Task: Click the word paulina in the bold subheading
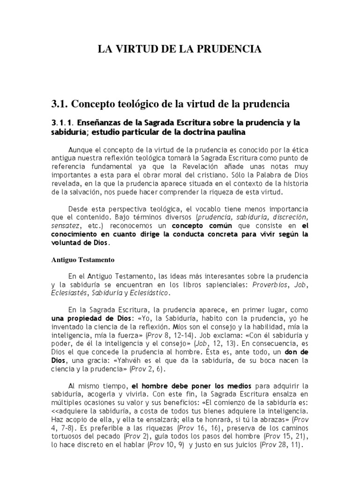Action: (230, 133)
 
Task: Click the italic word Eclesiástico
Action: (150, 293)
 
